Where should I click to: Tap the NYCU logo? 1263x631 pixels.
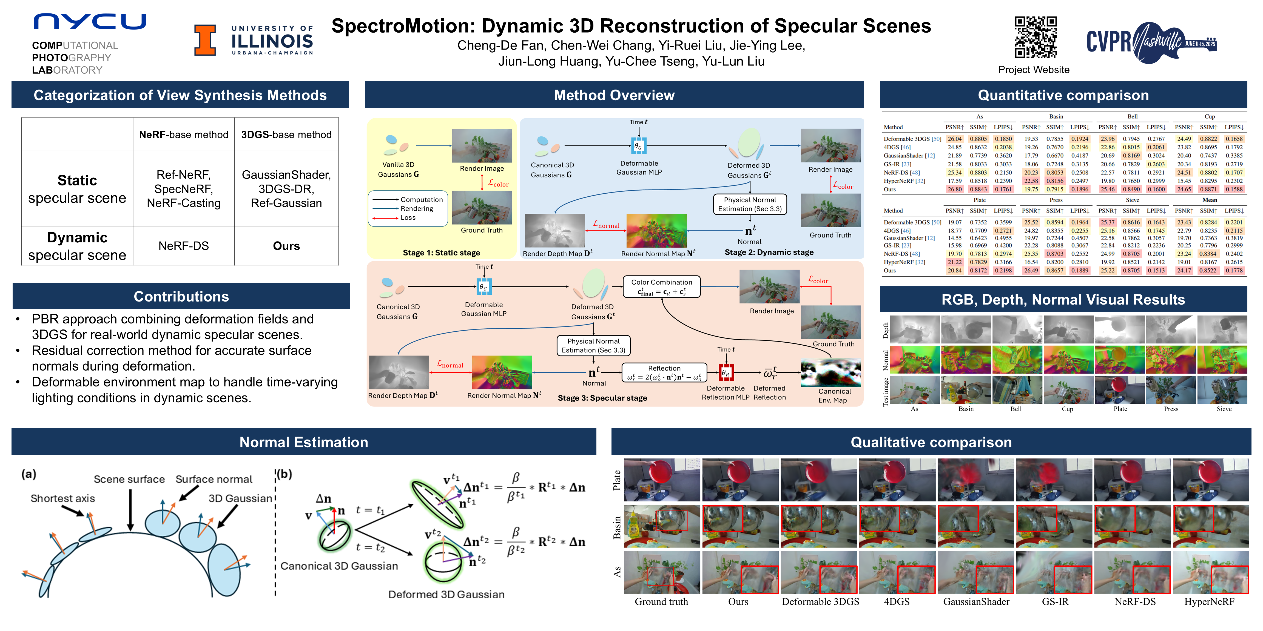click(x=90, y=22)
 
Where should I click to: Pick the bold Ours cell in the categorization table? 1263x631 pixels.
click(x=286, y=246)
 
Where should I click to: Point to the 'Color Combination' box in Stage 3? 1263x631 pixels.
click(x=661, y=286)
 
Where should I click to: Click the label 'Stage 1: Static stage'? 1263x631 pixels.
click(x=441, y=253)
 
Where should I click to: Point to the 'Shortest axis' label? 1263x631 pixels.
click(x=63, y=498)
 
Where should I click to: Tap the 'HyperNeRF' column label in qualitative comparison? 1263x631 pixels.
click(x=1209, y=602)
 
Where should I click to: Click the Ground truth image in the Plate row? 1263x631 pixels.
click(x=661, y=480)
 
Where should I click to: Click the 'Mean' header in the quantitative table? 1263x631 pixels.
click(x=1210, y=200)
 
